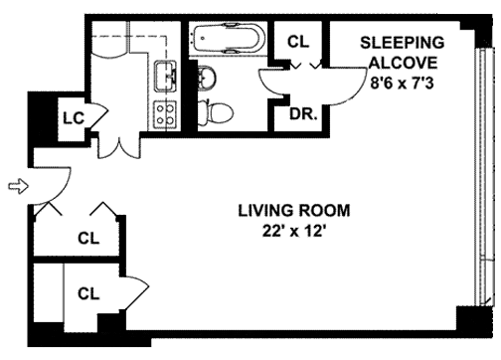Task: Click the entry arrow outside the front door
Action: pos(19,186)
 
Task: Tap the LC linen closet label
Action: pos(74,118)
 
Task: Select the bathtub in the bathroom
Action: pos(229,38)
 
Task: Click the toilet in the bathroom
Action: pos(216,112)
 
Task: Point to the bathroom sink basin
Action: pos(207,78)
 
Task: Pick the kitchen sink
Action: pos(165,76)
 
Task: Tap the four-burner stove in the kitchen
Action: pos(165,114)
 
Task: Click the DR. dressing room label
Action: pos(303,114)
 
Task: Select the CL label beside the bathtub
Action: pos(298,42)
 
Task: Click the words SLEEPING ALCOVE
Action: pos(403,53)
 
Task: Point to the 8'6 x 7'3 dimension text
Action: pos(402,83)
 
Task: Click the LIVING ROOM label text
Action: pos(294,211)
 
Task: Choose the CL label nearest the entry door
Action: pos(88,238)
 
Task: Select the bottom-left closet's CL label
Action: pos(88,293)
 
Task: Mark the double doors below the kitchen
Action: pos(118,146)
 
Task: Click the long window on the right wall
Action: pos(482,177)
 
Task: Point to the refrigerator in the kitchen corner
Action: pos(109,37)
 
